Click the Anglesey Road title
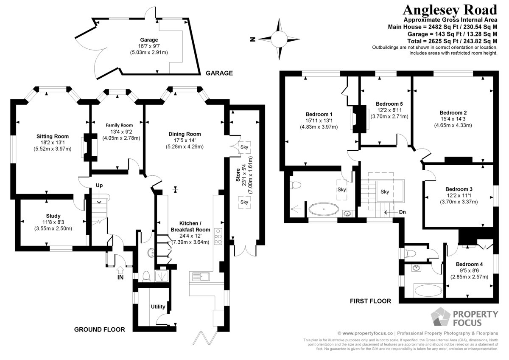pyautogui.click(x=450, y=10)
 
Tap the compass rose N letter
pyautogui.click(x=252, y=39)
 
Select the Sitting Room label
pyautogui.click(x=53, y=136)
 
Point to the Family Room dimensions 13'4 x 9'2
pyautogui.click(x=121, y=132)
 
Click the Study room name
pyautogui.click(x=53, y=216)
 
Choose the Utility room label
pyautogui.click(x=158, y=307)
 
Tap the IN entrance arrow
pyautogui.click(x=120, y=270)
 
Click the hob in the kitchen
pyautogui.click(x=218, y=236)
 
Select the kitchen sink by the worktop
pyautogui.click(x=201, y=276)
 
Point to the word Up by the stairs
pyautogui.click(x=99, y=186)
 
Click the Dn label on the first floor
pyautogui.click(x=402, y=212)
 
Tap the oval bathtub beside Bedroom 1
pyautogui.click(x=324, y=208)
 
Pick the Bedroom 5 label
pyautogui.click(x=389, y=104)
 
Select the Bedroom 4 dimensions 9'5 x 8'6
pyautogui.click(x=469, y=270)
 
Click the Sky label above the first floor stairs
pyautogui.click(x=385, y=192)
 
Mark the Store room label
pyautogui.click(x=238, y=175)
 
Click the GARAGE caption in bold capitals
pyautogui.click(x=219, y=73)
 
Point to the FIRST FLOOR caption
pyautogui.click(x=370, y=301)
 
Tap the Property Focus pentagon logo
pyautogui.click(x=440, y=317)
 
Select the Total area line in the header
pyautogui.click(x=452, y=41)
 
